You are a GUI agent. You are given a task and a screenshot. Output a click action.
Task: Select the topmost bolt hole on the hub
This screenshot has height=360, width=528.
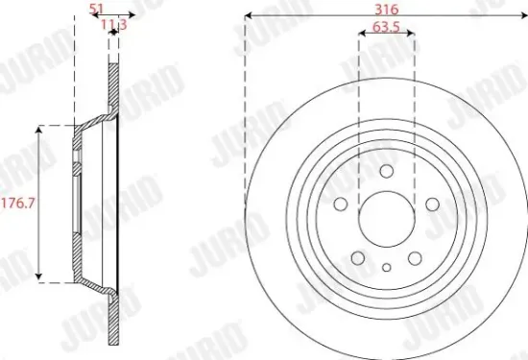tap(386, 171)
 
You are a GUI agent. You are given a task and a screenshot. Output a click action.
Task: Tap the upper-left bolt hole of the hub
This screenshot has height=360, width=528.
tap(341, 204)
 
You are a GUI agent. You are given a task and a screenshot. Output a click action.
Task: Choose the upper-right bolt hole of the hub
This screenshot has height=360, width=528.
tap(432, 204)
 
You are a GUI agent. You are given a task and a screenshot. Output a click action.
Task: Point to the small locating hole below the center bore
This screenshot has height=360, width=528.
tap(386, 269)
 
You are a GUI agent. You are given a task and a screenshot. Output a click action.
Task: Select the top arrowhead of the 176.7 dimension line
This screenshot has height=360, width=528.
tap(39, 128)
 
